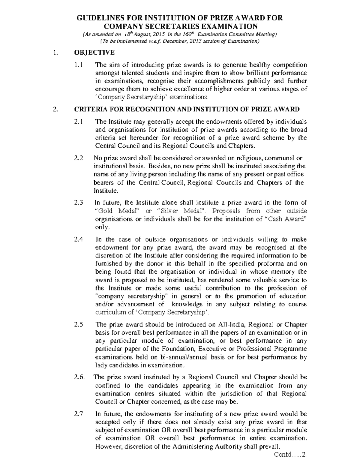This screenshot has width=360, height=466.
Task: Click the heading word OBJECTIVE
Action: tap(94, 53)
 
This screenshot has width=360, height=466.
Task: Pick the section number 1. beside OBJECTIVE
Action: tap(55, 53)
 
